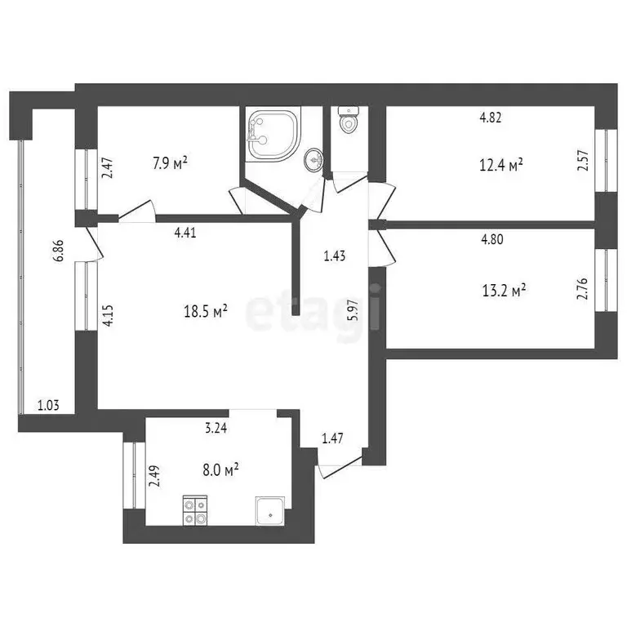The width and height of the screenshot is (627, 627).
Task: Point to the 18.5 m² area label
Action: [205, 310]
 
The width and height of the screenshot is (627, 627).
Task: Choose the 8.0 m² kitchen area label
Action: [220, 469]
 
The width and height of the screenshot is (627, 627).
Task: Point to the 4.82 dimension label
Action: [490, 117]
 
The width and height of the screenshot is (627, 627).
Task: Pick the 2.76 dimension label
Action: [583, 290]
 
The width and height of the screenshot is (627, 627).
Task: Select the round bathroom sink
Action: [312, 160]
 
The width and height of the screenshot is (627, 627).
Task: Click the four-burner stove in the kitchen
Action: [195, 509]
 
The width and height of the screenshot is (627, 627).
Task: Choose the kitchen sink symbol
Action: [269, 510]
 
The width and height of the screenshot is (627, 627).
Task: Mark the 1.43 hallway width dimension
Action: [335, 256]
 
